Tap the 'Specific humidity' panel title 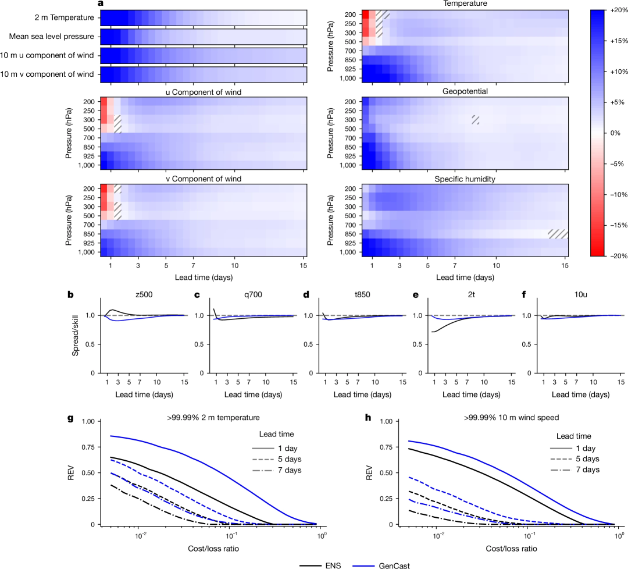click(465, 179)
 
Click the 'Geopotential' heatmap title click(465, 91)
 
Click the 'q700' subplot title click(251, 295)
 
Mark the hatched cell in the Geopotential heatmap click(476, 119)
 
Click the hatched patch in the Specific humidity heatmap click(558, 233)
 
